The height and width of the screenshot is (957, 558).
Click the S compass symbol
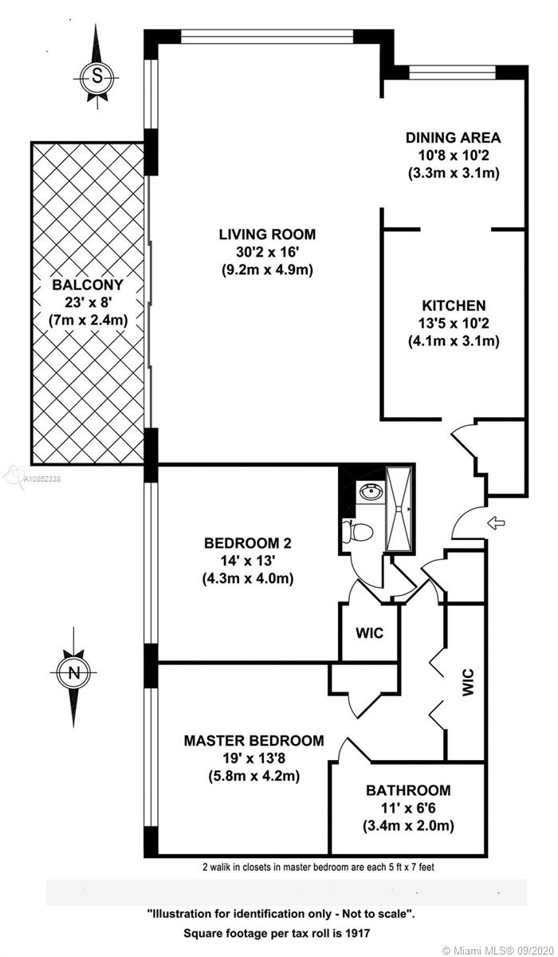97,77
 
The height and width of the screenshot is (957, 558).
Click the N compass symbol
74,672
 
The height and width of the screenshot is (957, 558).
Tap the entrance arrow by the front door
496,522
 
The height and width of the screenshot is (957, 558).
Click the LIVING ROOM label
267,234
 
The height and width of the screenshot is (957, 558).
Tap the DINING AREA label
453,137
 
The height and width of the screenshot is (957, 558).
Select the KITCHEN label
454,305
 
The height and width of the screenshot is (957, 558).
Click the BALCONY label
88,285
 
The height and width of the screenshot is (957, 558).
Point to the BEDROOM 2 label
248,543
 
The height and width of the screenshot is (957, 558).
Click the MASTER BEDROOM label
254,740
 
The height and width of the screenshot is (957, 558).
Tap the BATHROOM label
408,790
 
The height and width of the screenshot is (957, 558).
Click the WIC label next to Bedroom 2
370,632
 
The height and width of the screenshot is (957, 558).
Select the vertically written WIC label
468,683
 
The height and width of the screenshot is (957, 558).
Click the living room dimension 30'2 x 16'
267,252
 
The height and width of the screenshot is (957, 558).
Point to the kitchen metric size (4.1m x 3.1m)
454,341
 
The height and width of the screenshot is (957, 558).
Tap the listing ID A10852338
41,479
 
